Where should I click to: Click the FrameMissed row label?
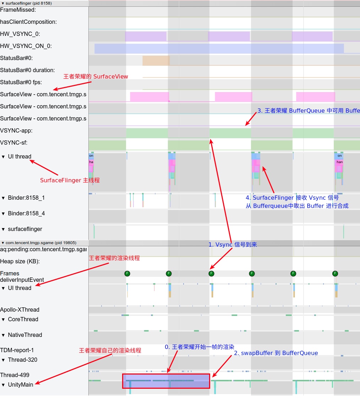point(18,10)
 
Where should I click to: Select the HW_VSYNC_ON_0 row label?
point(26,46)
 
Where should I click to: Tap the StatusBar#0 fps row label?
point(21,82)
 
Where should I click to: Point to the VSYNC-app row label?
point(16,131)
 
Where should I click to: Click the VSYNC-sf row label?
point(14,143)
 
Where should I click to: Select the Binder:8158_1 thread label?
point(26,198)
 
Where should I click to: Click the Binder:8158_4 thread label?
point(26,214)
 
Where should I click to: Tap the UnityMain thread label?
point(20,385)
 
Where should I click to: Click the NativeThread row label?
point(25,335)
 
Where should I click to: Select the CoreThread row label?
point(23,319)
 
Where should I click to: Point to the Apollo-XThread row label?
point(20,310)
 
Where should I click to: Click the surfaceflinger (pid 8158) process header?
point(29,3)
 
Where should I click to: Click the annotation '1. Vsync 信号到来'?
point(233,245)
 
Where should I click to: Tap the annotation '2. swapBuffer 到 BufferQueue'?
point(276,353)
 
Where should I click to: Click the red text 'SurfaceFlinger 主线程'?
point(70,181)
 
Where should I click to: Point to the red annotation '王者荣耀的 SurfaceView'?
point(96,77)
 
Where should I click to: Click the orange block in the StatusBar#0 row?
point(156,60)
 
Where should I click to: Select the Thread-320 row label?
point(22,360)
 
